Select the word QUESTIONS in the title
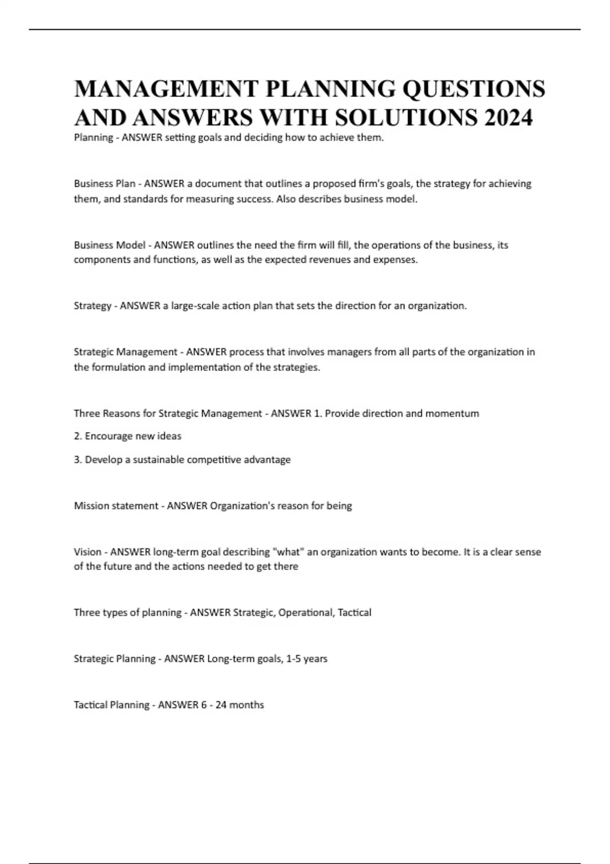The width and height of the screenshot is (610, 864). click(474, 88)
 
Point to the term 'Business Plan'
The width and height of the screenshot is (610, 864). click(104, 183)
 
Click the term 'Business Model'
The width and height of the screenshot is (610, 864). click(109, 245)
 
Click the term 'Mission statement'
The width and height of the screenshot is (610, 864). click(116, 506)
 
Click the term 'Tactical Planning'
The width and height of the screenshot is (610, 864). click(111, 705)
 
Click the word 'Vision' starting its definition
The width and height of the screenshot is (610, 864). click(87, 552)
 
